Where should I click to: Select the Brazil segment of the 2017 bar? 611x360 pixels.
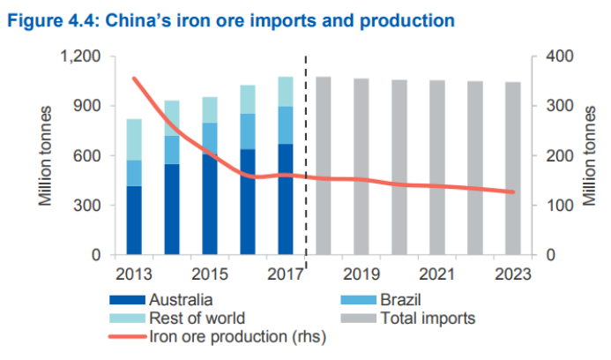pyautogui.click(x=285, y=125)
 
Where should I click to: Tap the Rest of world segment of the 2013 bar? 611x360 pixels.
pyautogui.click(x=134, y=139)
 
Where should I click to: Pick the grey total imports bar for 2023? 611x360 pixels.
pyautogui.click(x=512, y=168)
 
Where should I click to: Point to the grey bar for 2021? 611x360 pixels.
pyautogui.click(x=437, y=167)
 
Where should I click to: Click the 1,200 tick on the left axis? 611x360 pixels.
pyautogui.click(x=81, y=56)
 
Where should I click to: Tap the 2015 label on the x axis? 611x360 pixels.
pyautogui.click(x=209, y=274)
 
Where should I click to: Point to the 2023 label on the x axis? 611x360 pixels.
pyautogui.click(x=512, y=274)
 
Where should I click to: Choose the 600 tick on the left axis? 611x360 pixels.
pyautogui.click(x=86, y=156)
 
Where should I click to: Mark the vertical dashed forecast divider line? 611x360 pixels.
pyautogui.click(x=306, y=159)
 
